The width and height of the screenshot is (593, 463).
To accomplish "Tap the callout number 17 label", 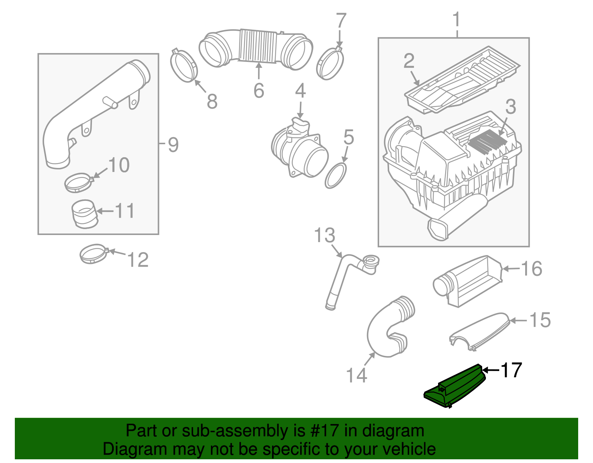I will (x=511, y=370).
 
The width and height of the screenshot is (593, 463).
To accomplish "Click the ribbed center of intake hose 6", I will (x=258, y=46).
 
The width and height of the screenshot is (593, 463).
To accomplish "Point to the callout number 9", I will (x=173, y=144).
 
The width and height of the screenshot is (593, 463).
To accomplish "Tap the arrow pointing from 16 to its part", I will (x=511, y=268).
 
